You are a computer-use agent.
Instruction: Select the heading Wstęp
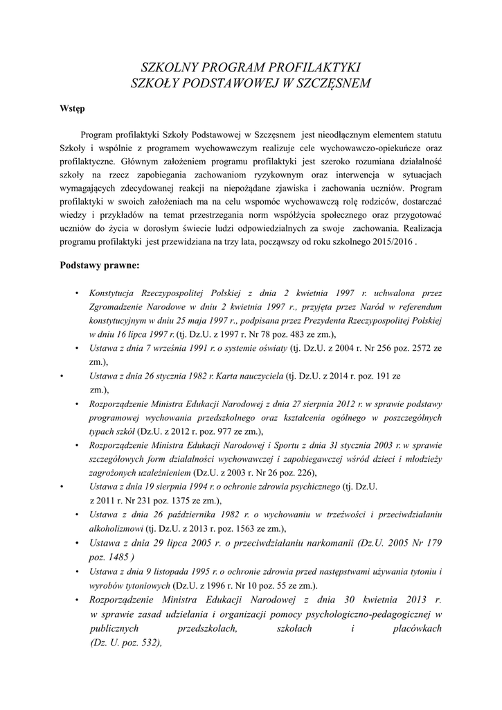72,108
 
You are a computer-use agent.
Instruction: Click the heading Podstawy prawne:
100,264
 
